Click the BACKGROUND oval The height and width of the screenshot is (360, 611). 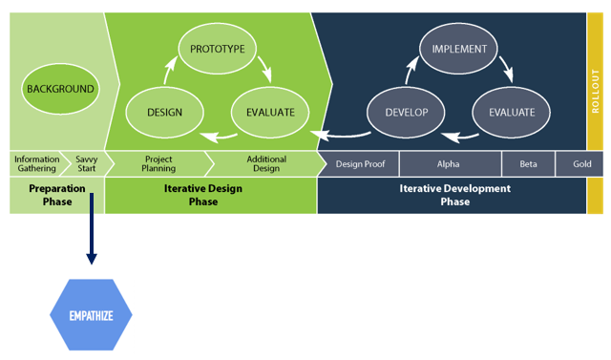(60, 89)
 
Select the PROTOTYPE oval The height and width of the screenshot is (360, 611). (218, 49)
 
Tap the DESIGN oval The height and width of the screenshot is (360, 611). (164, 112)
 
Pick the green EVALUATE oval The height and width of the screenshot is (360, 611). (270, 112)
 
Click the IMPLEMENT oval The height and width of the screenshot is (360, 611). (459, 49)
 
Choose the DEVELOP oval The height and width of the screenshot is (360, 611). (407, 112)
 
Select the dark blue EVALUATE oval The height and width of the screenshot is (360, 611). (512, 112)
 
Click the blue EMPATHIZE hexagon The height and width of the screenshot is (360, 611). (91, 314)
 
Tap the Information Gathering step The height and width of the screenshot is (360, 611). (35, 164)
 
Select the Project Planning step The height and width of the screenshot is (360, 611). (158, 164)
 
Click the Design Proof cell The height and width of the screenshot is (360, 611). (360, 164)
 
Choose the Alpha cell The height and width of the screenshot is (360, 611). (448, 164)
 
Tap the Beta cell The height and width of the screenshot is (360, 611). (528, 164)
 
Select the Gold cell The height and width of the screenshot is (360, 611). (581, 164)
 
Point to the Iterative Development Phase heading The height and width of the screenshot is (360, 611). (454, 195)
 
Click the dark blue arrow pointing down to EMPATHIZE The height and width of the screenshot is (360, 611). (92, 229)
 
